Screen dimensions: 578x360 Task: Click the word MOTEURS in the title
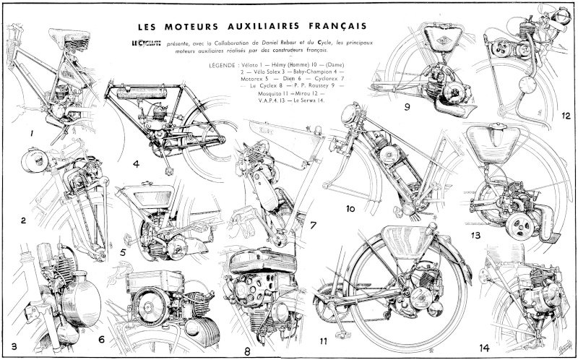(x=191, y=27)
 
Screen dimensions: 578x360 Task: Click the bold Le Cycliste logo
(x=147, y=43)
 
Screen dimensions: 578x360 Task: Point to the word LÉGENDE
(x=222, y=65)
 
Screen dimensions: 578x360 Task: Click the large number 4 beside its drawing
(x=136, y=164)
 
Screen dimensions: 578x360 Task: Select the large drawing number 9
(x=407, y=107)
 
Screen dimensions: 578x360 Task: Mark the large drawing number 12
(x=566, y=116)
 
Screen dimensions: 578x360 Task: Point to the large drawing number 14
(x=484, y=348)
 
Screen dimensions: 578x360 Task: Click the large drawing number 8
(x=247, y=351)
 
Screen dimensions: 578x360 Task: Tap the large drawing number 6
(x=101, y=339)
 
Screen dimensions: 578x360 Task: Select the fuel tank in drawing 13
(x=493, y=143)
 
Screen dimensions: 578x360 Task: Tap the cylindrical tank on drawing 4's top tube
(x=142, y=93)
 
